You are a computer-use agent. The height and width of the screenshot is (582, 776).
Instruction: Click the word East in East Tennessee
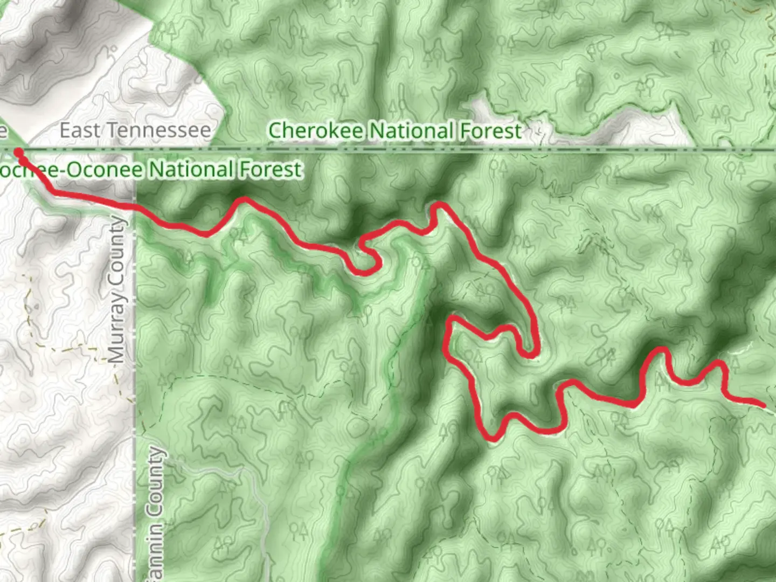(x=79, y=130)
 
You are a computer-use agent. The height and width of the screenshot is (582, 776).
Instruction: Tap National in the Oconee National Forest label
(x=191, y=170)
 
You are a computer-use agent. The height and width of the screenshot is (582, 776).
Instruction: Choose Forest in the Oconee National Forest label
(x=271, y=170)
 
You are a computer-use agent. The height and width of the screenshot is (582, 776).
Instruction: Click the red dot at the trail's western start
(x=19, y=153)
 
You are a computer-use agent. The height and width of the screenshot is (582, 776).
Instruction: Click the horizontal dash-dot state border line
(x=593, y=149)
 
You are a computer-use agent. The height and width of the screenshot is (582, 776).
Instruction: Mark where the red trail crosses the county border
(x=135, y=206)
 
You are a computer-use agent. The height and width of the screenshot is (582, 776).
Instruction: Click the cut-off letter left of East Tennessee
(x=3, y=130)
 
